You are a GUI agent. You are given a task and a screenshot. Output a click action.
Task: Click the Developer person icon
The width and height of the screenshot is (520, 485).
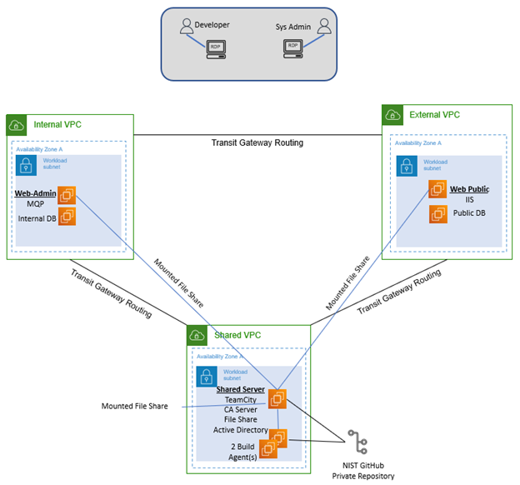pos(186,27)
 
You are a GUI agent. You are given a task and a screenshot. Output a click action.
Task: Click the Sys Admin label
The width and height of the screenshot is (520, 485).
pos(292,27)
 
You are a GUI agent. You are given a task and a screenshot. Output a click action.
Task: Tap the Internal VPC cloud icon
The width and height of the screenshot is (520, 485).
pos(16,125)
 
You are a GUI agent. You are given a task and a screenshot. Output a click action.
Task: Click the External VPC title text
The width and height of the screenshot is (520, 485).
pos(433,114)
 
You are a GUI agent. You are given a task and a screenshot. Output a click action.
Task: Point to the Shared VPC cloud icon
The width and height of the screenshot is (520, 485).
pos(197,335)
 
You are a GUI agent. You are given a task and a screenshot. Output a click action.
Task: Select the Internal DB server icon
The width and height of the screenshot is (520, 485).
pos(66,217)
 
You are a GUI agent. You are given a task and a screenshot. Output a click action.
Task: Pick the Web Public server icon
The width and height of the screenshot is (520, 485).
pos(437,190)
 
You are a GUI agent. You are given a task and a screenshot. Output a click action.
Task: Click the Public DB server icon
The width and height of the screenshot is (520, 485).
pos(437,214)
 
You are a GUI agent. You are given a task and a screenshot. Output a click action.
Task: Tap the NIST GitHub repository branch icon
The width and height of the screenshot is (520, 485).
pos(358,442)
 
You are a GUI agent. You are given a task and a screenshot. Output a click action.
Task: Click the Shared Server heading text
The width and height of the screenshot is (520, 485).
pos(240,389)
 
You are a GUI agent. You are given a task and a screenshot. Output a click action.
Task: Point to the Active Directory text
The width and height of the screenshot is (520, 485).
pos(240,431)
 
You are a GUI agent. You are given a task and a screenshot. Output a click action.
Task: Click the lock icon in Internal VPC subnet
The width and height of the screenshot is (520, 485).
pos(26,163)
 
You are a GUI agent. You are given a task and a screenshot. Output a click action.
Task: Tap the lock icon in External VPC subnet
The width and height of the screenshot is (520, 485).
pos(405,165)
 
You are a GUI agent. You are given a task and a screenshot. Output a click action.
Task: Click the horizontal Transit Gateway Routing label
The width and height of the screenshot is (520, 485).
pos(257,142)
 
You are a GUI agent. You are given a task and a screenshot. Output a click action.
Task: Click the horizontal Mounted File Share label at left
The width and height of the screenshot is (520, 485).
pos(134,407)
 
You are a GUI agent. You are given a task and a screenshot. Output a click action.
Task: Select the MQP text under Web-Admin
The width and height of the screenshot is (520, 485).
pos(35,205)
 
